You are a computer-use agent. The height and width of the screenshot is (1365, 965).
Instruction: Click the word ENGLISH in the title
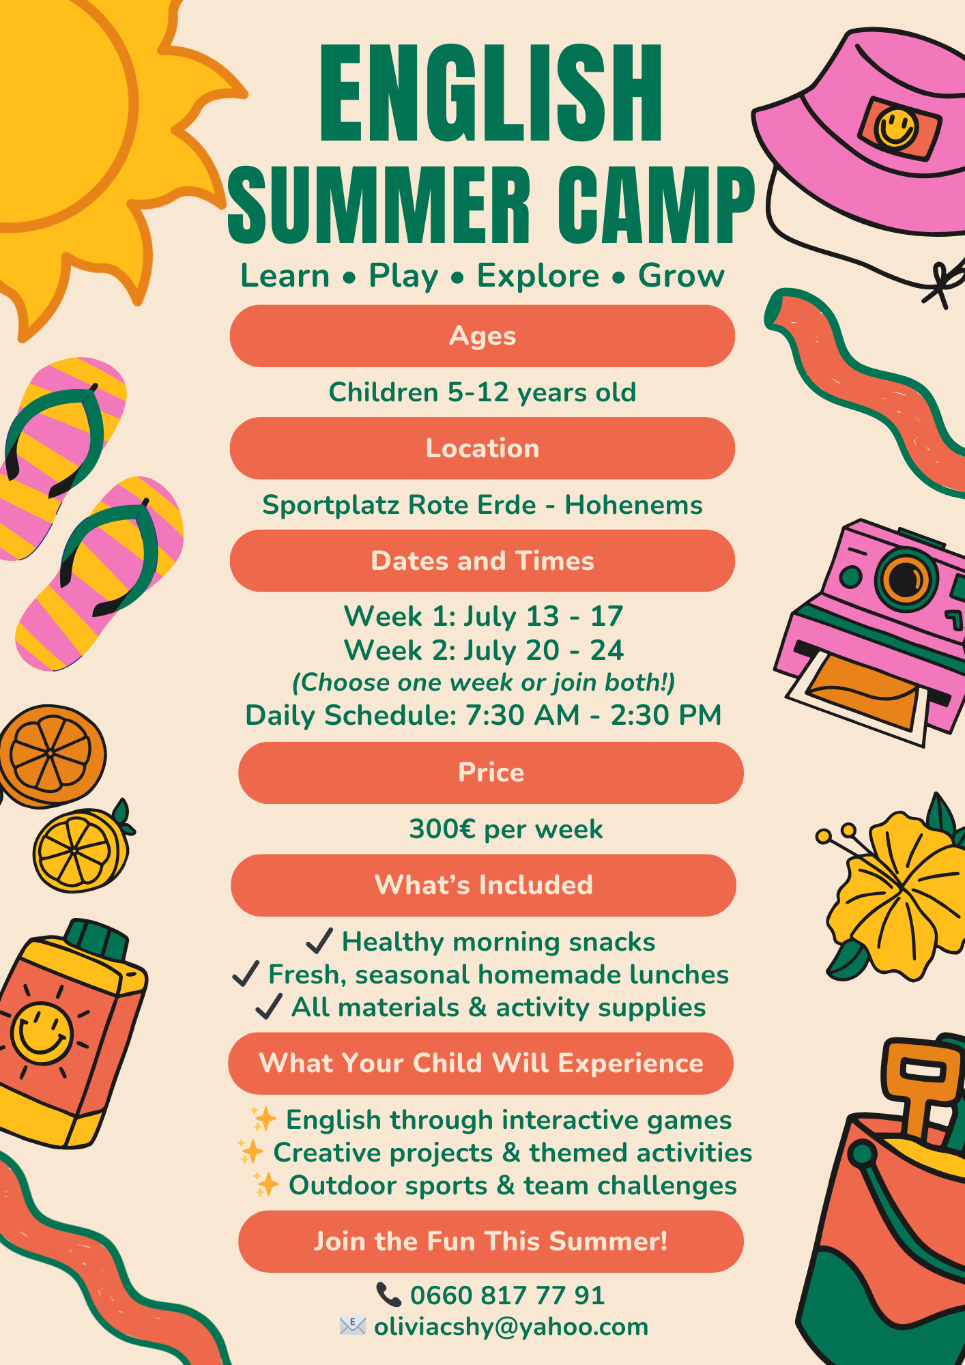click(x=491, y=93)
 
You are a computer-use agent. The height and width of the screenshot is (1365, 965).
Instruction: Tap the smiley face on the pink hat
click(x=896, y=128)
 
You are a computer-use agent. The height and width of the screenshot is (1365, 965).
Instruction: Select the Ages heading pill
click(x=482, y=336)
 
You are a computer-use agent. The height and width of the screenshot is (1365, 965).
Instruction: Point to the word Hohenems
click(x=633, y=505)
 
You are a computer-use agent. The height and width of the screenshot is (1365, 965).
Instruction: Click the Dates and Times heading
click(x=482, y=561)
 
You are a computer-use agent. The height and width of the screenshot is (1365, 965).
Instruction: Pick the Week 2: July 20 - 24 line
click(x=483, y=650)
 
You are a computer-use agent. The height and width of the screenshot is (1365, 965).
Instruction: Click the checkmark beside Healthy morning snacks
click(x=319, y=940)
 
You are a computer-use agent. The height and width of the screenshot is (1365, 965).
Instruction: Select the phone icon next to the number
click(x=389, y=1295)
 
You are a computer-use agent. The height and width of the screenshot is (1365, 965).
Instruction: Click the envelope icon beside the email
click(x=353, y=1326)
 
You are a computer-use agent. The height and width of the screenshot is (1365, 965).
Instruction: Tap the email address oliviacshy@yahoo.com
click(x=511, y=1327)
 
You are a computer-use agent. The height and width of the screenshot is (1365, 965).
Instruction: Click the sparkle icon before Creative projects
click(x=251, y=1152)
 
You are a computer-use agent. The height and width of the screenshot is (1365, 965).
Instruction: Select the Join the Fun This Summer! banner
click(x=491, y=1241)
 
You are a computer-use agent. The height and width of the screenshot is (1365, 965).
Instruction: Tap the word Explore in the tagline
click(x=538, y=276)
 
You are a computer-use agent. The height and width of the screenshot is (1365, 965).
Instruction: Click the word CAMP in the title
click(x=656, y=205)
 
